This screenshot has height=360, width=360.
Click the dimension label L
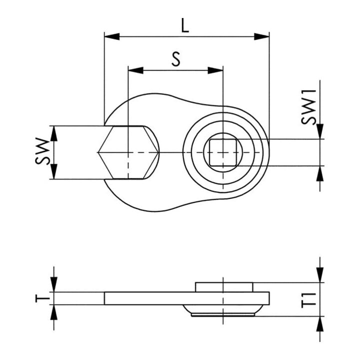pos(185,25)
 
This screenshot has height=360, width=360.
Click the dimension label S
pos(176,59)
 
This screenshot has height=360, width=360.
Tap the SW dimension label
pos(42,151)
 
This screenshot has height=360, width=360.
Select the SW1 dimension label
pos(308,107)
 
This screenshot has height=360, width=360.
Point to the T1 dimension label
pos(308,300)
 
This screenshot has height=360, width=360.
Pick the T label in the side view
pos(42,298)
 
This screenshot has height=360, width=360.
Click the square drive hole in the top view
pos(223,152)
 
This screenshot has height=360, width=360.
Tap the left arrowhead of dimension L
pos(112,36)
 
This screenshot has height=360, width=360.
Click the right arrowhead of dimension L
pos(261,36)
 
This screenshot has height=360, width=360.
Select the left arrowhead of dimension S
pos(136,70)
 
